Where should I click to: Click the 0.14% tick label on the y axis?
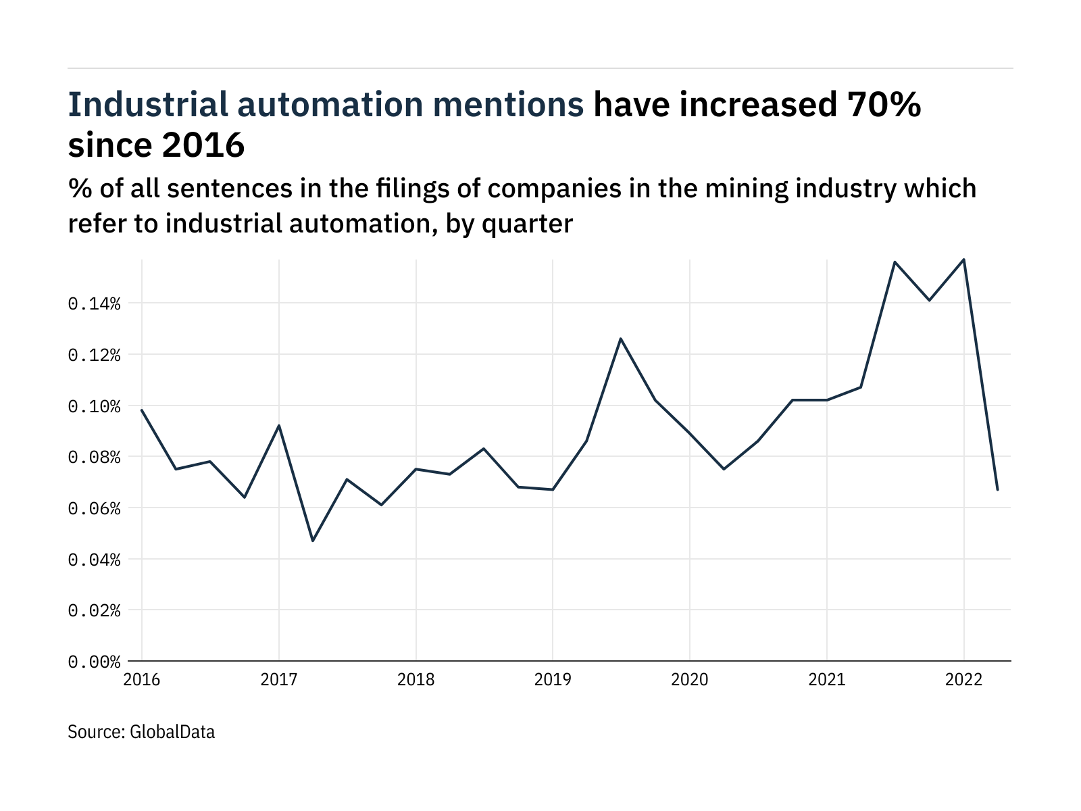(94, 304)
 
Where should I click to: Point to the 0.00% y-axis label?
(94, 662)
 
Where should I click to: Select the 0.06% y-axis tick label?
(94, 508)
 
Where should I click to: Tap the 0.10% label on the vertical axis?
(94, 406)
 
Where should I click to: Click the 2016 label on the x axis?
(142, 680)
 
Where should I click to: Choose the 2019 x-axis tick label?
(553, 680)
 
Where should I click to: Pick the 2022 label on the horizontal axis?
(964, 680)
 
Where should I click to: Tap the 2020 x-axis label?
(690, 680)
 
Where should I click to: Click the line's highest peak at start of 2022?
(964, 260)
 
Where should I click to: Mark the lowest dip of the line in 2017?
(313, 541)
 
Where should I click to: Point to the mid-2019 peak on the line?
(620, 339)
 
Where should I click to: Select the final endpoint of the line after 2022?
(998, 490)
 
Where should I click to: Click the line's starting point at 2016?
(142, 410)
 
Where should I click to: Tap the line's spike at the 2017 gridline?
(279, 426)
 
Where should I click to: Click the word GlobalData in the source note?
(172, 732)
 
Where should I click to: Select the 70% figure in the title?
(884, 104)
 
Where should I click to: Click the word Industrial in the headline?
(148, 104)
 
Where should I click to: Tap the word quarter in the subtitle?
(528, 224)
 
